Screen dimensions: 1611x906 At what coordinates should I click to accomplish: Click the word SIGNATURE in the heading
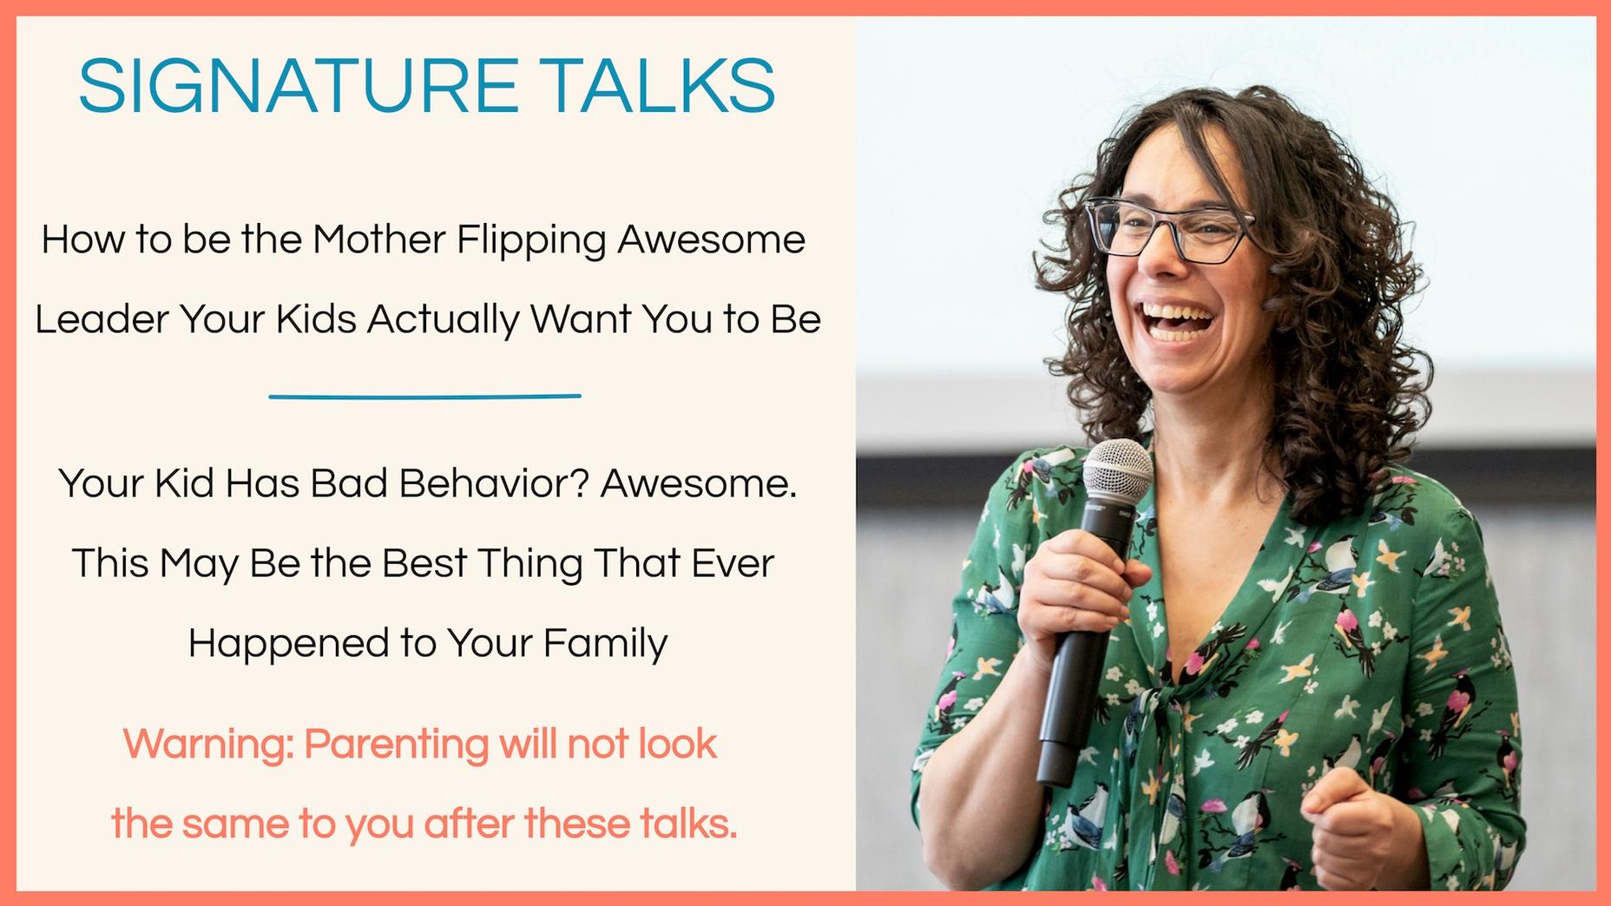coord(298,86)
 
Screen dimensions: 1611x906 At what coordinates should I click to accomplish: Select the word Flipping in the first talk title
coord(531,240)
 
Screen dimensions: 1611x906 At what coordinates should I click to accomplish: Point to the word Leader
coord(102,319)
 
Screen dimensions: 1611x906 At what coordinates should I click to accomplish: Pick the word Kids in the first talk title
coord(317,319)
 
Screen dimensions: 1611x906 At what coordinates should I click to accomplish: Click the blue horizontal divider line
coord(424,397)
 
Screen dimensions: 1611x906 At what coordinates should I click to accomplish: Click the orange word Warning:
coord(208,745)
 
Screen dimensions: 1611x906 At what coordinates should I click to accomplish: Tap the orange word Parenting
coord(396,745)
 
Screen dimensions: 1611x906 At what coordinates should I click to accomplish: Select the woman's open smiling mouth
coord(1178,321)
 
